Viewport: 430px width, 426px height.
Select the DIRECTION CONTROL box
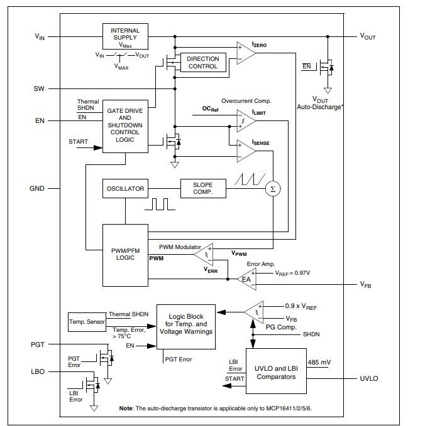203,63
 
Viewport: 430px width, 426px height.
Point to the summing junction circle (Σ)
272,188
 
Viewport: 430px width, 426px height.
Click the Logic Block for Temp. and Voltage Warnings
185,326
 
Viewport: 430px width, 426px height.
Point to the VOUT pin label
367,37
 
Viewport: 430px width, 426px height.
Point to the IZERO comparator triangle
245,54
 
